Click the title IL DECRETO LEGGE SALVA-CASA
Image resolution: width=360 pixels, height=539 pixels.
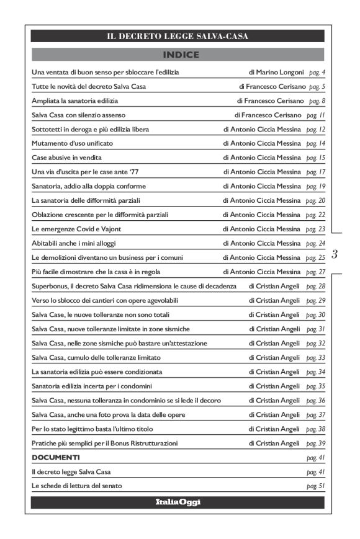(178, 37)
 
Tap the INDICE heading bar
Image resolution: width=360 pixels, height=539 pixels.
(178, 55)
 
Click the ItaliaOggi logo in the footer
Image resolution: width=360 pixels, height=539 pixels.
(178, 502)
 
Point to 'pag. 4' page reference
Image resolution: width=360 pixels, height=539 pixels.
(317, 73)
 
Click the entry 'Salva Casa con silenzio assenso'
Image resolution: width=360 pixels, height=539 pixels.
(77, 115)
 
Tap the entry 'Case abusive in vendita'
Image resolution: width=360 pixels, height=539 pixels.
(63, 158)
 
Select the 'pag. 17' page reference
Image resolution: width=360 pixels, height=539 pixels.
(315, 172)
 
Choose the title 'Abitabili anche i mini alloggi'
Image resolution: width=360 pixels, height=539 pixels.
(73, 243)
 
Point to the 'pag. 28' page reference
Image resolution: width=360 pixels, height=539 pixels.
(315, 286)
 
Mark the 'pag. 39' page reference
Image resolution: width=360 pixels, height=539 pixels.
(315, 443)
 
